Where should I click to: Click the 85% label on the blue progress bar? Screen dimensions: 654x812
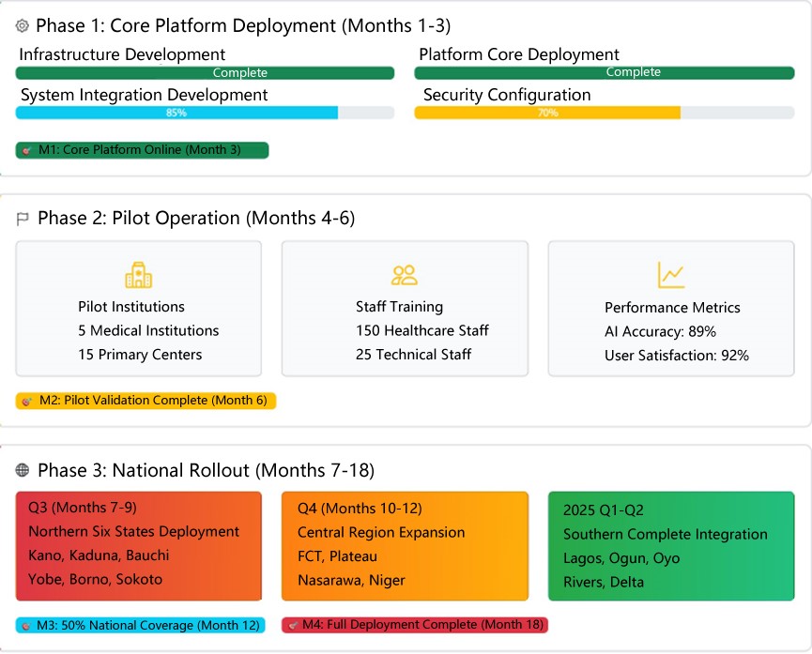pos(176,113)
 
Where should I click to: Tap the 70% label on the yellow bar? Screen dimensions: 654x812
pos(548,113)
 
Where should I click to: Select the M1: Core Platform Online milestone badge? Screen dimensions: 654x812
pos(143,150)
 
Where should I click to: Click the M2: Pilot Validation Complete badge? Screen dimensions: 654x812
pos(146,401)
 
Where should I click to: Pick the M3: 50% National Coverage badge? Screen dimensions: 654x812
pos(141,625)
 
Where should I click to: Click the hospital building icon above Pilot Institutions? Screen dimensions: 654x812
pos(138,275)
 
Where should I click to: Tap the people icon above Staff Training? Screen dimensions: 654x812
pos(405,275)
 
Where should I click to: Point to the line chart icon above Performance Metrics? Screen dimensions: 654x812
pos(671,275)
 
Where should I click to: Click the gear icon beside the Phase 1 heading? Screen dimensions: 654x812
pos(23,26)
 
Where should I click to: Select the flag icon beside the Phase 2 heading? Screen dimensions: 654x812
pos(23,219)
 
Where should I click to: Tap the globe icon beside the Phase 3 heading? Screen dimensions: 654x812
pos(23,470)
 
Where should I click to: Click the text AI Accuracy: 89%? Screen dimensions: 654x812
pos(660,331)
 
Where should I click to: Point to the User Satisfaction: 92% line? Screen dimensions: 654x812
pos(676,356)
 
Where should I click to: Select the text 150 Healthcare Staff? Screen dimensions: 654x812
pos(421,330)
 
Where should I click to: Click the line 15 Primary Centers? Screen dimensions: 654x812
pos(140,355)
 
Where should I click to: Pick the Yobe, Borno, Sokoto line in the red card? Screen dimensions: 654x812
pos(95,579)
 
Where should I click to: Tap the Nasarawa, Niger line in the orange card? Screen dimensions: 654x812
pos(351,580)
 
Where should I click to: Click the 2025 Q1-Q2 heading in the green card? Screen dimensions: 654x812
pos(606,510)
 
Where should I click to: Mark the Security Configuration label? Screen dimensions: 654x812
pos(507,95)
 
